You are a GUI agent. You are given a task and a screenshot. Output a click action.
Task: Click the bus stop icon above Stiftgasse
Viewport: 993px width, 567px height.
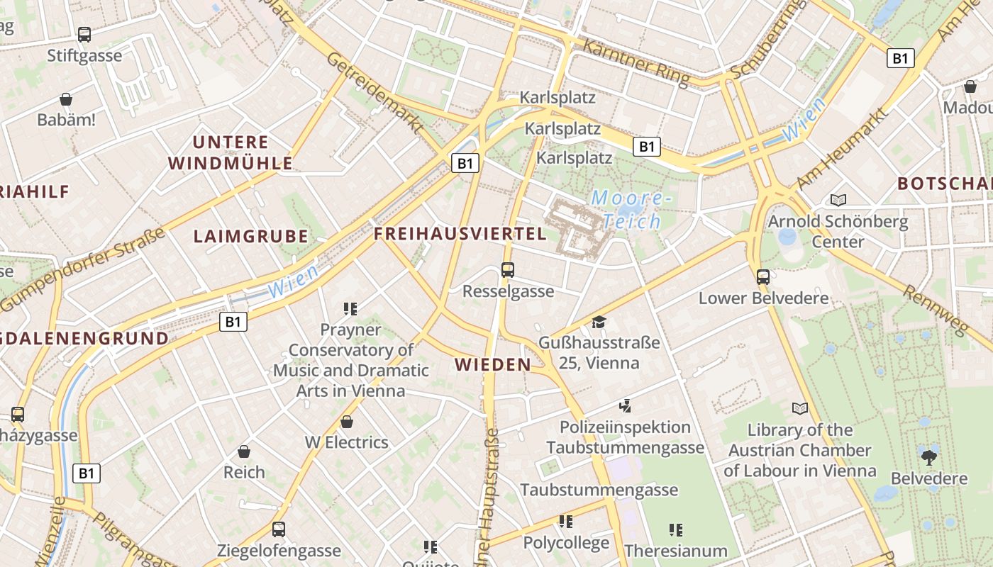coord(84,34)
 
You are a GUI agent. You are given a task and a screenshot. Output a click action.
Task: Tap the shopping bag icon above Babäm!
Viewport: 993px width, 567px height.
coord(66,99)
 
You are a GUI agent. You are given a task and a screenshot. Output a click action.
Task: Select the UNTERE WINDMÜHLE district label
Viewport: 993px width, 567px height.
coord(231,152)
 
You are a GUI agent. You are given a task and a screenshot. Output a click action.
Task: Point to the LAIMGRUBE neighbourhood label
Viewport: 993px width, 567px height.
coord(251,237)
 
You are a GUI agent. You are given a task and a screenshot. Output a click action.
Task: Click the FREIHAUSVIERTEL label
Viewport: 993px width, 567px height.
coord(460,234)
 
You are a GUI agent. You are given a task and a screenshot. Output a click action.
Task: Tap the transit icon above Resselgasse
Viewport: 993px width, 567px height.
coord(508,270)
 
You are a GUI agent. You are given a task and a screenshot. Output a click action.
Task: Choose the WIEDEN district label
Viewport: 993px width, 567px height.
coord(493,365)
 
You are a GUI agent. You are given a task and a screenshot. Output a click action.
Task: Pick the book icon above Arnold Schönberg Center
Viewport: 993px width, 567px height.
coord(838,201)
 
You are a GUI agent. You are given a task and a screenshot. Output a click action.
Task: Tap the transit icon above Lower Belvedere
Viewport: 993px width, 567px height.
coord(763,277)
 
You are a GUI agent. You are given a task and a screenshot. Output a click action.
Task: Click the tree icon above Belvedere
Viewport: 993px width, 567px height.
coord(929,458)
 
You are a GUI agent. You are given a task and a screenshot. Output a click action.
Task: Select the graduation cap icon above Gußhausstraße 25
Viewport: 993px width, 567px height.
coord(599,322)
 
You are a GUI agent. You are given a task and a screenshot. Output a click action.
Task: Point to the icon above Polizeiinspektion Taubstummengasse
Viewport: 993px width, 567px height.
coord(625,406)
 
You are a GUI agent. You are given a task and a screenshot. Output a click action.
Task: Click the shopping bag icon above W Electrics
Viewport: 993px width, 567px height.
coord(347,422)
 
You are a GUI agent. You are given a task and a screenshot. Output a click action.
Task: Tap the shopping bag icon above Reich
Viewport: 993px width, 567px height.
coord(244,451)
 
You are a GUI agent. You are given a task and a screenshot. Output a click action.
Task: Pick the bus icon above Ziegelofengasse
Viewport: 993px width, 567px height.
coord(279,529)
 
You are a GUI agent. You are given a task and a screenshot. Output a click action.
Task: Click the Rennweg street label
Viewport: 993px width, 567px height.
coord(936,310)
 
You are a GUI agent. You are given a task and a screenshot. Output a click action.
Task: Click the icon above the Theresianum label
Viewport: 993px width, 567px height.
coord(676,530)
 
